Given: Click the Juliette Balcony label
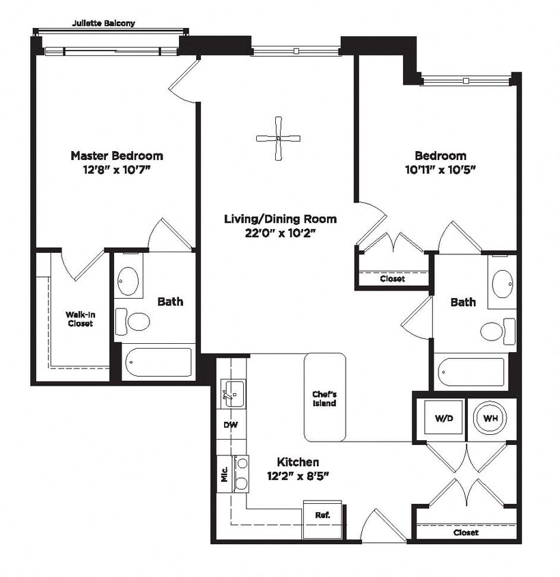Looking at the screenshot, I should point(104,23).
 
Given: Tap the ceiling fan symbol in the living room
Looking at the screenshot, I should point(278,139).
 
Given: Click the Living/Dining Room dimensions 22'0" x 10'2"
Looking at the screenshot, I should point(280,233).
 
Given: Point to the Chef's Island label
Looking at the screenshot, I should point(324,399).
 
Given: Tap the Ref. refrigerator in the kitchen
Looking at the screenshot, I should point(322,515).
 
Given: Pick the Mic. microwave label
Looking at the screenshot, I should point(224,474).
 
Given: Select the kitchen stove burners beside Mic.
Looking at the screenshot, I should point(241,473).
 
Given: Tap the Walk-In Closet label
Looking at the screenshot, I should point(79,319).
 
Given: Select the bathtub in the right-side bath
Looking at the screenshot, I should point(471,372).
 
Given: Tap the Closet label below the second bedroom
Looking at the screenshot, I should point(392,279).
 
